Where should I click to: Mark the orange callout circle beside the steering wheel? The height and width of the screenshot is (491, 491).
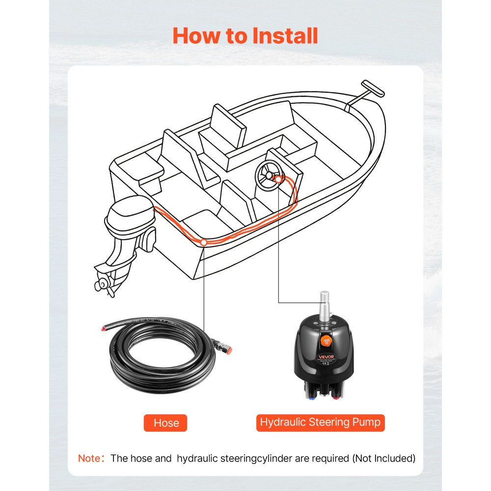click(x=279, y=180)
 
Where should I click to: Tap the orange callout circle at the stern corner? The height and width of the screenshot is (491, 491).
click(x=203, y=242)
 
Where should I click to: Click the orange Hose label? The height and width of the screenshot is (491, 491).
click(x=166, y=423)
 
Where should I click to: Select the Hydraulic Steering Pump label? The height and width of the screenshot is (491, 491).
click(x=320, y=422)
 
